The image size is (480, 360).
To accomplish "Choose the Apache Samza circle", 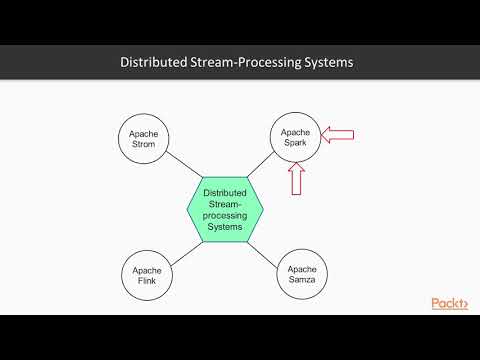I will pyautogui.click(x=302, y=275).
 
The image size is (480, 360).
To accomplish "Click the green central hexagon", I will pyautogui.click(x=224, y=208).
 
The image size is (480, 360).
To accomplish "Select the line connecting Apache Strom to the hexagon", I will pyautogui.click(x=184, y=170).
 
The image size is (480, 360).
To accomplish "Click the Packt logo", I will pyautogui.click(x=449, y=303).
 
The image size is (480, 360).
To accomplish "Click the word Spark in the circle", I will pyautogui.click(x=295, y=144).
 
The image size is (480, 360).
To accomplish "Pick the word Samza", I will pyautogui.click(x=302, y=282).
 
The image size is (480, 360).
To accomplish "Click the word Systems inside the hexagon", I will pyautogui.click(x=224, y=226).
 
